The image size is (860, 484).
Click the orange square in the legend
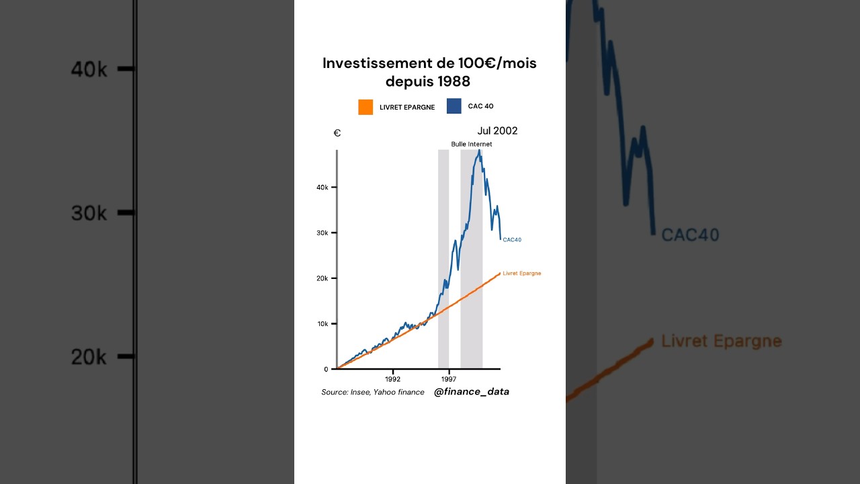[x=365, y=107]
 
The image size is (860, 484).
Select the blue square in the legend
[x=454, y=106]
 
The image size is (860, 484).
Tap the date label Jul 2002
[x=497, y=130]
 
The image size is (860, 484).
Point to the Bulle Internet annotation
[x=471, y=144]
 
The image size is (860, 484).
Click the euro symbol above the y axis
[x=337, y=133]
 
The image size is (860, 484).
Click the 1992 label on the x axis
[x=392, y=379]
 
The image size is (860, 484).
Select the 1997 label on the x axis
[x=449, y=379]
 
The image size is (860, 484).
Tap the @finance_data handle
[x=471, y=391]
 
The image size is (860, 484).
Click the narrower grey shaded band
[x=443, y=259]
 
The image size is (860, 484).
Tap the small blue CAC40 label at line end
[x=512, y=240]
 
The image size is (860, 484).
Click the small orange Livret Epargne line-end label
[x=521, y=274]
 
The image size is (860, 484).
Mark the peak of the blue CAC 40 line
[x=479, y=150]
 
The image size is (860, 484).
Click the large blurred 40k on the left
[x=89, y=69]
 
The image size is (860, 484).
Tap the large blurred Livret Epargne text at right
[x=721, y=341]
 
